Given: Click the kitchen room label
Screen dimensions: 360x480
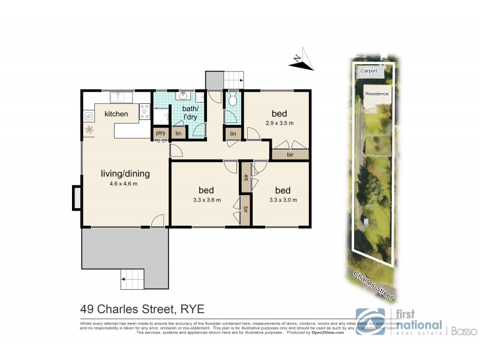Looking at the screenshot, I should (x=116, y=113).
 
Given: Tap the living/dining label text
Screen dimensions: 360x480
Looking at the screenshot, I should (x=125, y=174).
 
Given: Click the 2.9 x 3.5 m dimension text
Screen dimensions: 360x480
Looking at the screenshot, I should (x=278, y=123).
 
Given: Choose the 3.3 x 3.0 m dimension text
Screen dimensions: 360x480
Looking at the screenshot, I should (x=283, y=200).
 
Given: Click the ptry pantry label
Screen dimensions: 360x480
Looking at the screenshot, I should (x=160, y=133).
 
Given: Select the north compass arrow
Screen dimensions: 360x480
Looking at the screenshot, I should (x=304, y=60).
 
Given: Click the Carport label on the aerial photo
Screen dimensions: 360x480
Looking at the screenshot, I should (x=368, y=71).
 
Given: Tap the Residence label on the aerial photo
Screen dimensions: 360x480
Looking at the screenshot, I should (x=377, y=94).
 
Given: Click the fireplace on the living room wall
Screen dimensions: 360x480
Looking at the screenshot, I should (x=76, y=197).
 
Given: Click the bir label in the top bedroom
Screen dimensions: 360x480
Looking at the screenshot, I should (x=290, y=155).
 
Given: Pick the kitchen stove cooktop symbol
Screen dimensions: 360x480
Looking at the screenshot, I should (x=144, y=110).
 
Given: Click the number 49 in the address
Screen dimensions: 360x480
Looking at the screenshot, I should (x=88, y=310).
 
